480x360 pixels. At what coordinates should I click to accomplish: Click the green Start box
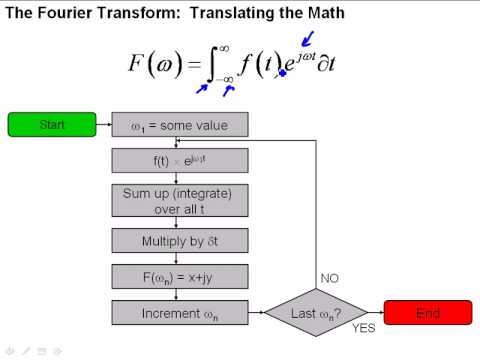click(x=52, y=124)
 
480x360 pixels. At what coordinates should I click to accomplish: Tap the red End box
click(x=428, y=312)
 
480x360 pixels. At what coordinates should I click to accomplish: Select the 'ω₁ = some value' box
click(x=180, y=125)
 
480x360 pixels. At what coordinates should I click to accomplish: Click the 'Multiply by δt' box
click(x=180, y=241)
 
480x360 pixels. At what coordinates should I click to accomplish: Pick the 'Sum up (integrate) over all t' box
click(x=180, y=201)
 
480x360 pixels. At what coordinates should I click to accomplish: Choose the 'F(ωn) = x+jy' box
click(x=180, y=277)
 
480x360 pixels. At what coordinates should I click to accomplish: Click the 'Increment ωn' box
click(x=180, y=313)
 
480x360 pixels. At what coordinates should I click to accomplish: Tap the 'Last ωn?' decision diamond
click(x=316, y=313)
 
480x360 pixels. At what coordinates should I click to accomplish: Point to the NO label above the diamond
click(x=329, y=278)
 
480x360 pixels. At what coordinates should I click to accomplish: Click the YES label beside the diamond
click(x=364, y=328)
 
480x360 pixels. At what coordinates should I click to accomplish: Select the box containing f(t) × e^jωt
click(x=180, y=161)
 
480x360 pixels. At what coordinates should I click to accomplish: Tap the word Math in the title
click(x=326, y=13)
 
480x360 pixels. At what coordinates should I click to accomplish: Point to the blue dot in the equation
click(x=282, y=73)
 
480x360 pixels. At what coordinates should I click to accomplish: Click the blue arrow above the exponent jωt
click(x=307, y=39)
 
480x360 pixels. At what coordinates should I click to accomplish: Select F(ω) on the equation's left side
click(x=156, y=63)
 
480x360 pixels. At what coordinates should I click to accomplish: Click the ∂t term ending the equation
click(x=326, y=63)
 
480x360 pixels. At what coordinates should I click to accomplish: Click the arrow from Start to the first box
click(x=104, y=124)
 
